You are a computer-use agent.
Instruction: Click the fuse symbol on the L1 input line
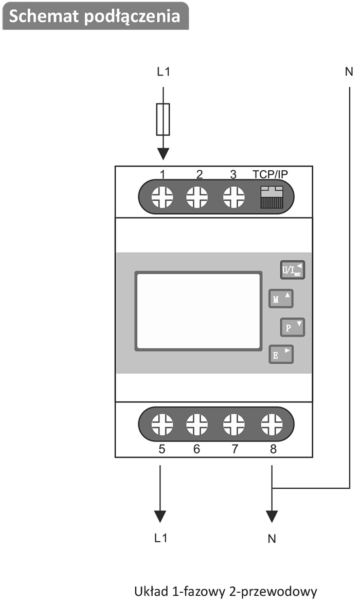[x=163, y=119]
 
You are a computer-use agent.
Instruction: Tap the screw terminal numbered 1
[x=163, y=197]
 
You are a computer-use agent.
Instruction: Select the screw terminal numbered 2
[x=197, y=197]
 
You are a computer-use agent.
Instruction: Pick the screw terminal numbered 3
[x=233, y=197]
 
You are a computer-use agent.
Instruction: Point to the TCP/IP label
[x=271, y=174]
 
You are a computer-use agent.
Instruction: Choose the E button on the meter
[x=281, y=354]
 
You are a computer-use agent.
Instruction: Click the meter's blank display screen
[x=198, y=311]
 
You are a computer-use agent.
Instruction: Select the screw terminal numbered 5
[x=163, y=425]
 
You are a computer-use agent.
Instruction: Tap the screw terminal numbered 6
[x=197, y=425]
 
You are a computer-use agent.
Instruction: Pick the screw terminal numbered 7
[x=234, y=425]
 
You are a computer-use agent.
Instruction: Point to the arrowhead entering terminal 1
[x=163, y=154]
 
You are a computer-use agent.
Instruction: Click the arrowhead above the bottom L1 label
[x=160, y=516]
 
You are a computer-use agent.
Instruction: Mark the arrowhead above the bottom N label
[x=272, y=516]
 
